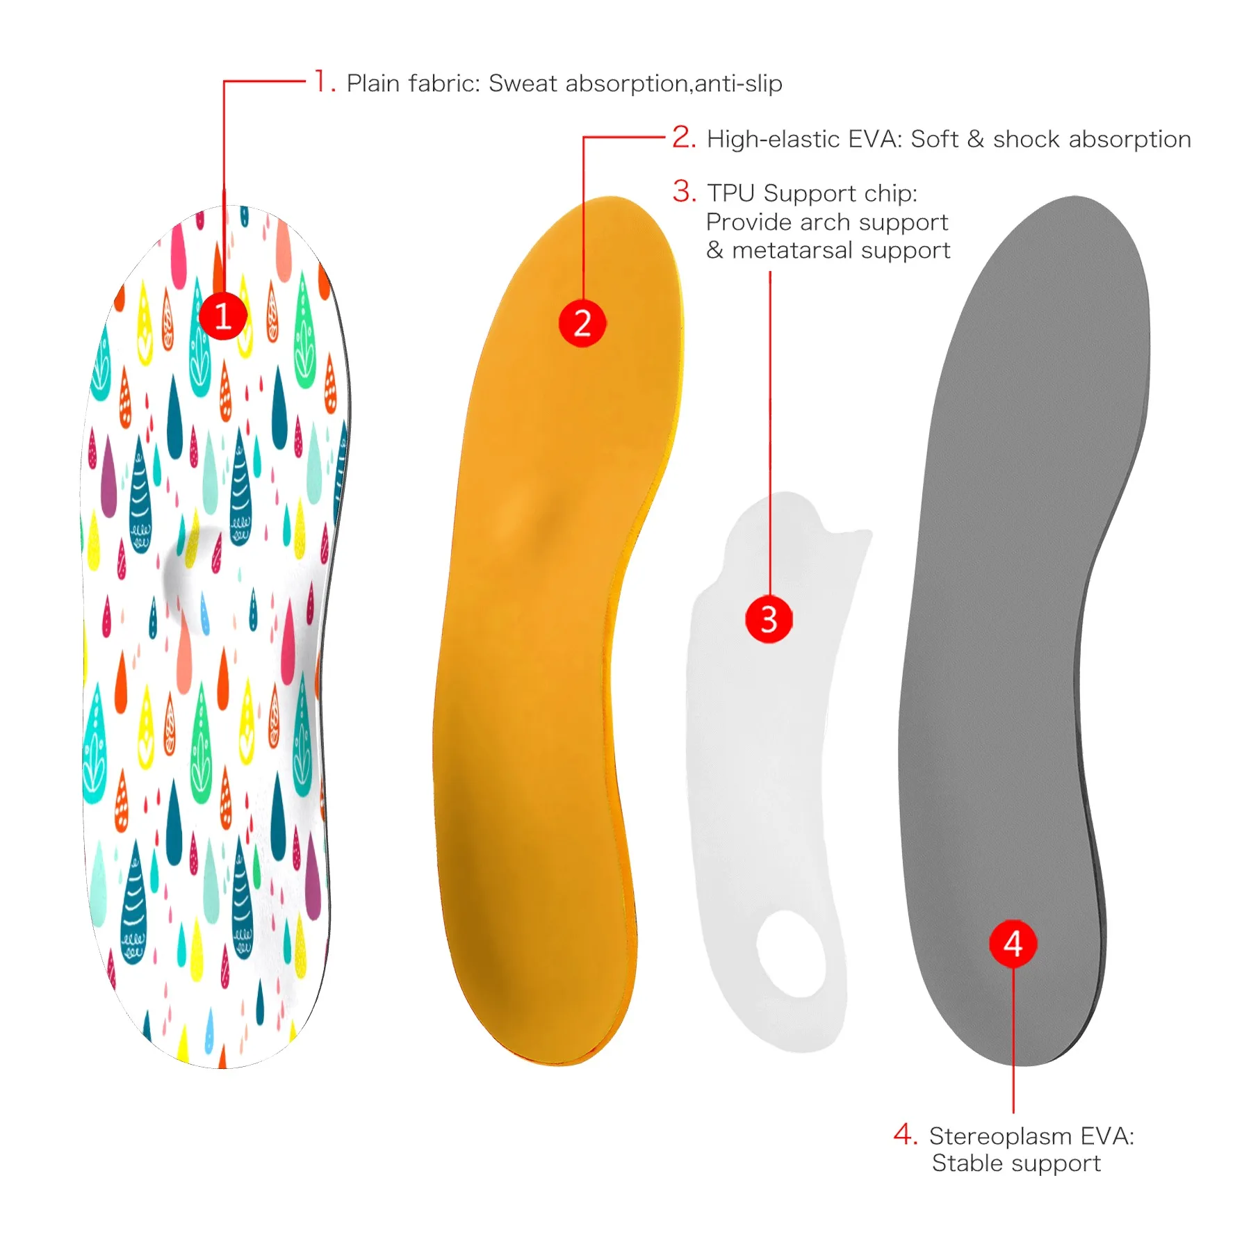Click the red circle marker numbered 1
pyautogui.click(x=223, y=316)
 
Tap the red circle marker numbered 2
pyautogui.click(x=582, y=323)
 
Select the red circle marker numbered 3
pyautogui.click(x=769, y=619)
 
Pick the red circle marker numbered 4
pyautogui.click(x=1013, y=944)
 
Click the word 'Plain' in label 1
pyautogui.click(x=374, y=83)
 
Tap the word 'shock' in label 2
pyautogui.click(x=1027, y=139)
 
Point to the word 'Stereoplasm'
pyautogui.click(x=1000, y=1136)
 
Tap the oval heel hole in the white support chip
pyautogui.click(x=792, y=954)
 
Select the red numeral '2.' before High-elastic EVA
pyautogui.click(x=684, y=138)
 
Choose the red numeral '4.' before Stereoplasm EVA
pyautogui.click(x=906, y=1135)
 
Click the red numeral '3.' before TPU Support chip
pyautogui.click(x=684, y=192)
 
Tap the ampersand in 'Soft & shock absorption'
pyautogui.click(x=975, y=139)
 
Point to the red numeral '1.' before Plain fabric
pyautogui.click(x=324, y=82)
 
